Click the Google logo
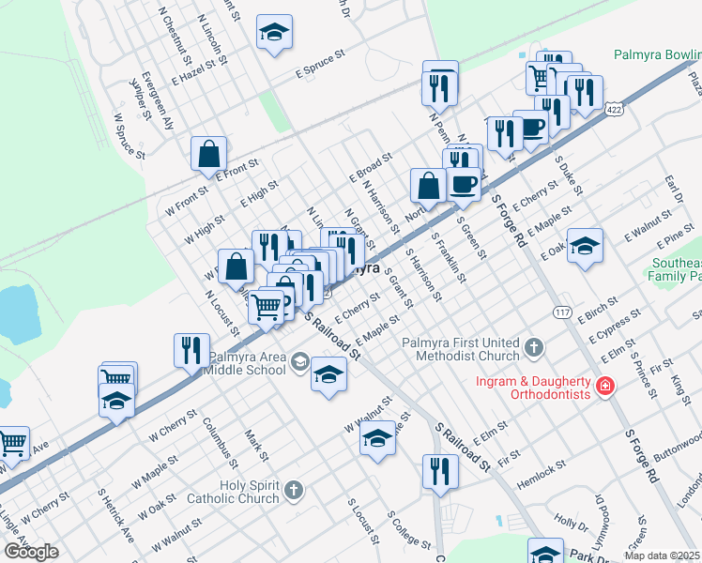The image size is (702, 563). [31, 552]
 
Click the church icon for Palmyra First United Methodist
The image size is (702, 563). [534, 349]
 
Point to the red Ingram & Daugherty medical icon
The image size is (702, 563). [605, 387]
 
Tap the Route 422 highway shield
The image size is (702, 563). [614, 110]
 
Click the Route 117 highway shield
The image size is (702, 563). [563, 312]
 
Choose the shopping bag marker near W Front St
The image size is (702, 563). [208, 153]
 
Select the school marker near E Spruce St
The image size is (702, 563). [274, 35]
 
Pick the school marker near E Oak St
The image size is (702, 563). [585, 247]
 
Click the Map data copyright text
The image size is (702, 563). [663, 555]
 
